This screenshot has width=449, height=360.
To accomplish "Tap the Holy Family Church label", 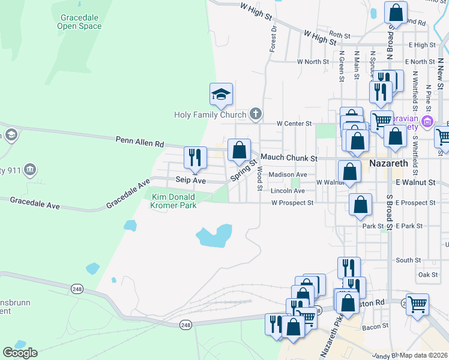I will tap(210, 115).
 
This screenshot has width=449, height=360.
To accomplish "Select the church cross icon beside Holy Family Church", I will tap(255, 114).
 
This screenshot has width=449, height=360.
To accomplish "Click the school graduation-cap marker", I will tap(221, 94).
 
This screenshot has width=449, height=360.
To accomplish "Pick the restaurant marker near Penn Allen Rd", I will tap(195, 158).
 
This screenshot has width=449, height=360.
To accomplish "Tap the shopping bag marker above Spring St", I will tap(239, 150).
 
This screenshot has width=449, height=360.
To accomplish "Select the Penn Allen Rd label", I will tap(139, 142).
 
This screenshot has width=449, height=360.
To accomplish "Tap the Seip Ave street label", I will tap(190, 180).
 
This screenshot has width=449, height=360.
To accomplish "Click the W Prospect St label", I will tap(292, 203).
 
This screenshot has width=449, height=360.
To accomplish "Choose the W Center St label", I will tap(294, 123).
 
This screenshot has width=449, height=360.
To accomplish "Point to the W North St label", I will tap(313, 61).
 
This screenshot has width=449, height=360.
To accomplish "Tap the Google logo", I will tap(20, 353).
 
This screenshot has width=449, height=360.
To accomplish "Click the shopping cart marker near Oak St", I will tap(417, 304).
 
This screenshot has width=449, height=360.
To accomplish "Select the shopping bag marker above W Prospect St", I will tap(360, 205).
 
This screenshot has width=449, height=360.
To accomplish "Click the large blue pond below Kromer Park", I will tap(214, 235).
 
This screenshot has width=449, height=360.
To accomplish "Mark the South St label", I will tap(408, 260).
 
